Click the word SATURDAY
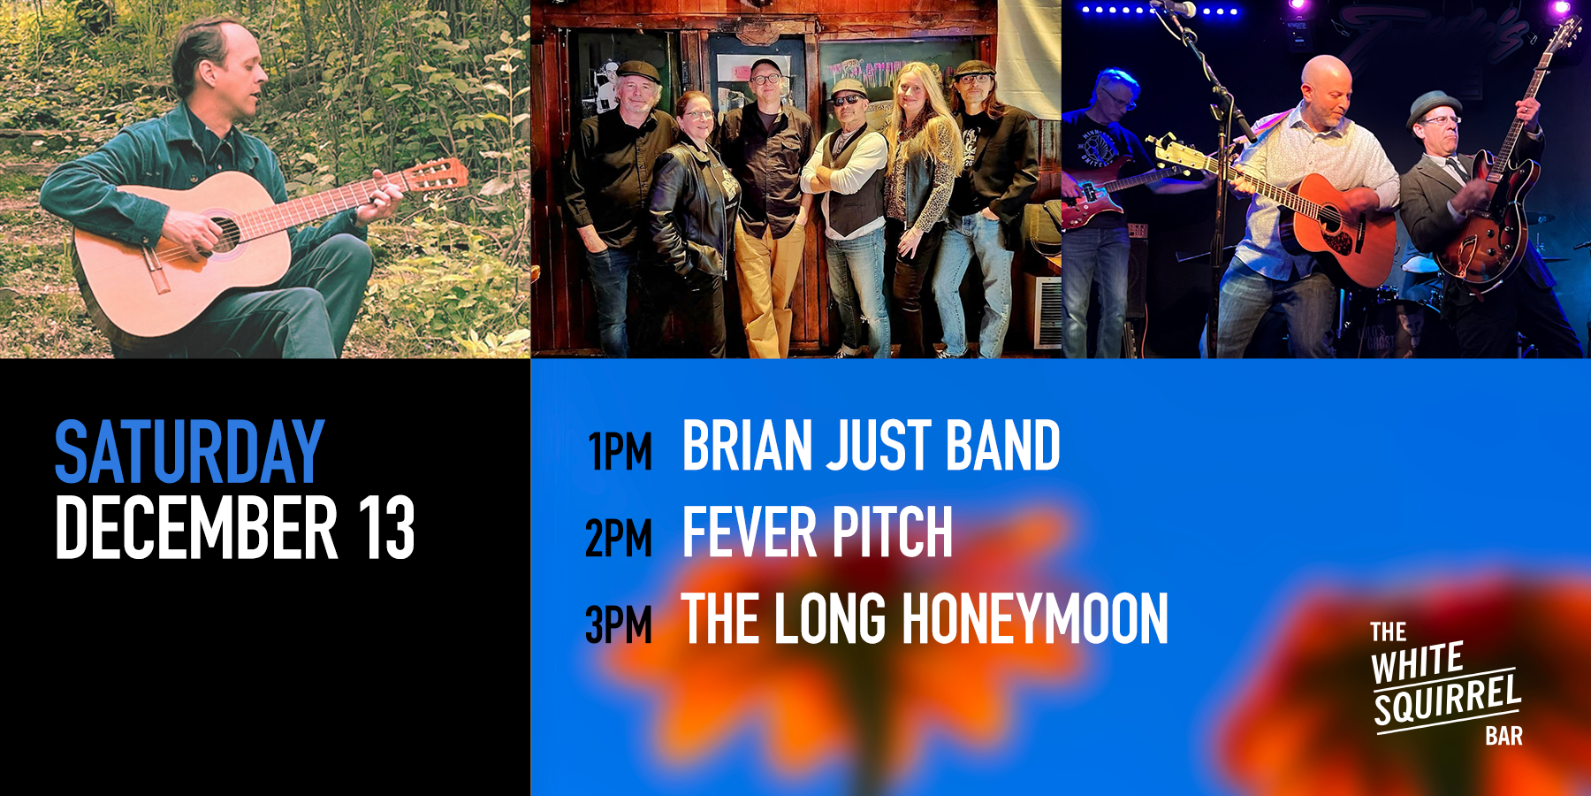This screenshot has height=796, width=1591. coord(190,452)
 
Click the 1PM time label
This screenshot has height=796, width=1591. coord(620,452)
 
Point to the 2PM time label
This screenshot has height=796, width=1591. coord(619,539)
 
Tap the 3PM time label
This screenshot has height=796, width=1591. coord(619,624)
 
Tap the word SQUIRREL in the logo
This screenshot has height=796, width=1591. coord(1448,701)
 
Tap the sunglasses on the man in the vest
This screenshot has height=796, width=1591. coord(847,99)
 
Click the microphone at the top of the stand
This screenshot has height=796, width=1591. coord(1183,8)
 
